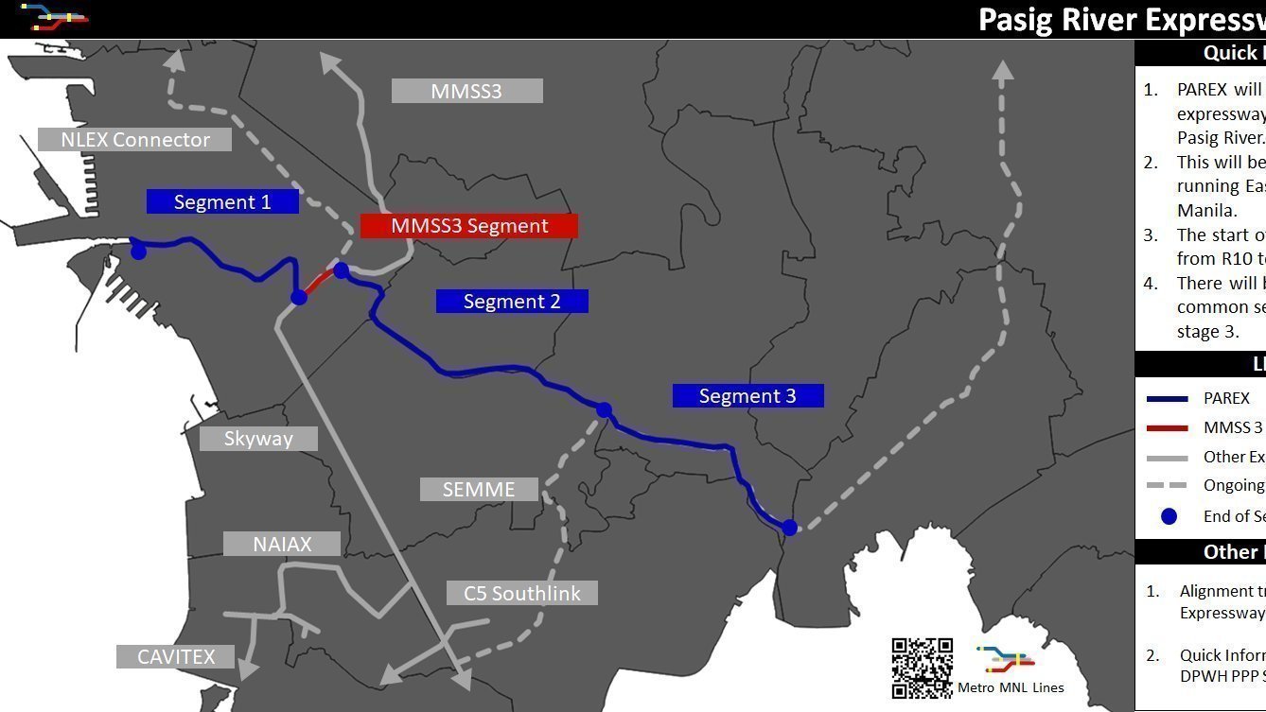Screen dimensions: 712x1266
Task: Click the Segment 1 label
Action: tap(222, 201)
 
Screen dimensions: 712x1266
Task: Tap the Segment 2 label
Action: tap(512, 301)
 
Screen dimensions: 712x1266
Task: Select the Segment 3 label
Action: tap(747, 395)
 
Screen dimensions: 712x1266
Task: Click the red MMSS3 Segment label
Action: tap(469, 225)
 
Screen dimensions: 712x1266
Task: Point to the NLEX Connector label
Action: tap(135, 139)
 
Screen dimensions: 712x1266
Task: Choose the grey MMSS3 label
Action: tap(466, 91)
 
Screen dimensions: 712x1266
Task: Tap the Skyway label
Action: tap(258, 438)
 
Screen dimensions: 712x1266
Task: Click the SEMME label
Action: tap(479, 489)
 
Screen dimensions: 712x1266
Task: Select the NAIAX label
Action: tap(282, 544)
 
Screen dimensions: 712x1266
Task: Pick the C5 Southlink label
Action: tap(521, 593)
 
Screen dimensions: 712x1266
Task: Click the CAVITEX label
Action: tap(176, 656)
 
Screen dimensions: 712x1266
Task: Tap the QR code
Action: tap(922, 668)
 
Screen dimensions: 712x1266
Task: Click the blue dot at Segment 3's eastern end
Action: tap(789, 528)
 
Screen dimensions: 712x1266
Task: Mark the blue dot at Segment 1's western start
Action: tap(138, 252)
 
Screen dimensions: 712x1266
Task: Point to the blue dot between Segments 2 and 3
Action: tap(604, 410)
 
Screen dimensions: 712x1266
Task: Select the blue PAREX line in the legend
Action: tap(1167, 399)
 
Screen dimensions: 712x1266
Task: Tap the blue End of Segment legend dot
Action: tap(1169, 516)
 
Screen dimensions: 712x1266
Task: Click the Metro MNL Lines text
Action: tap(1011, 687)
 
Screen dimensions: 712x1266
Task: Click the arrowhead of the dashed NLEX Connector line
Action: tap(175, 61)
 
